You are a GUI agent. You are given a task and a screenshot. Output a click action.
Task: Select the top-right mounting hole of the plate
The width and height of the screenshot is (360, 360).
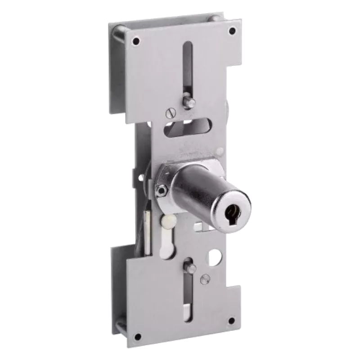(232, 31)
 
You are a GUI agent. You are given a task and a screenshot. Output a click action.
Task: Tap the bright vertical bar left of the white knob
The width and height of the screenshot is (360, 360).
(148, 230)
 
